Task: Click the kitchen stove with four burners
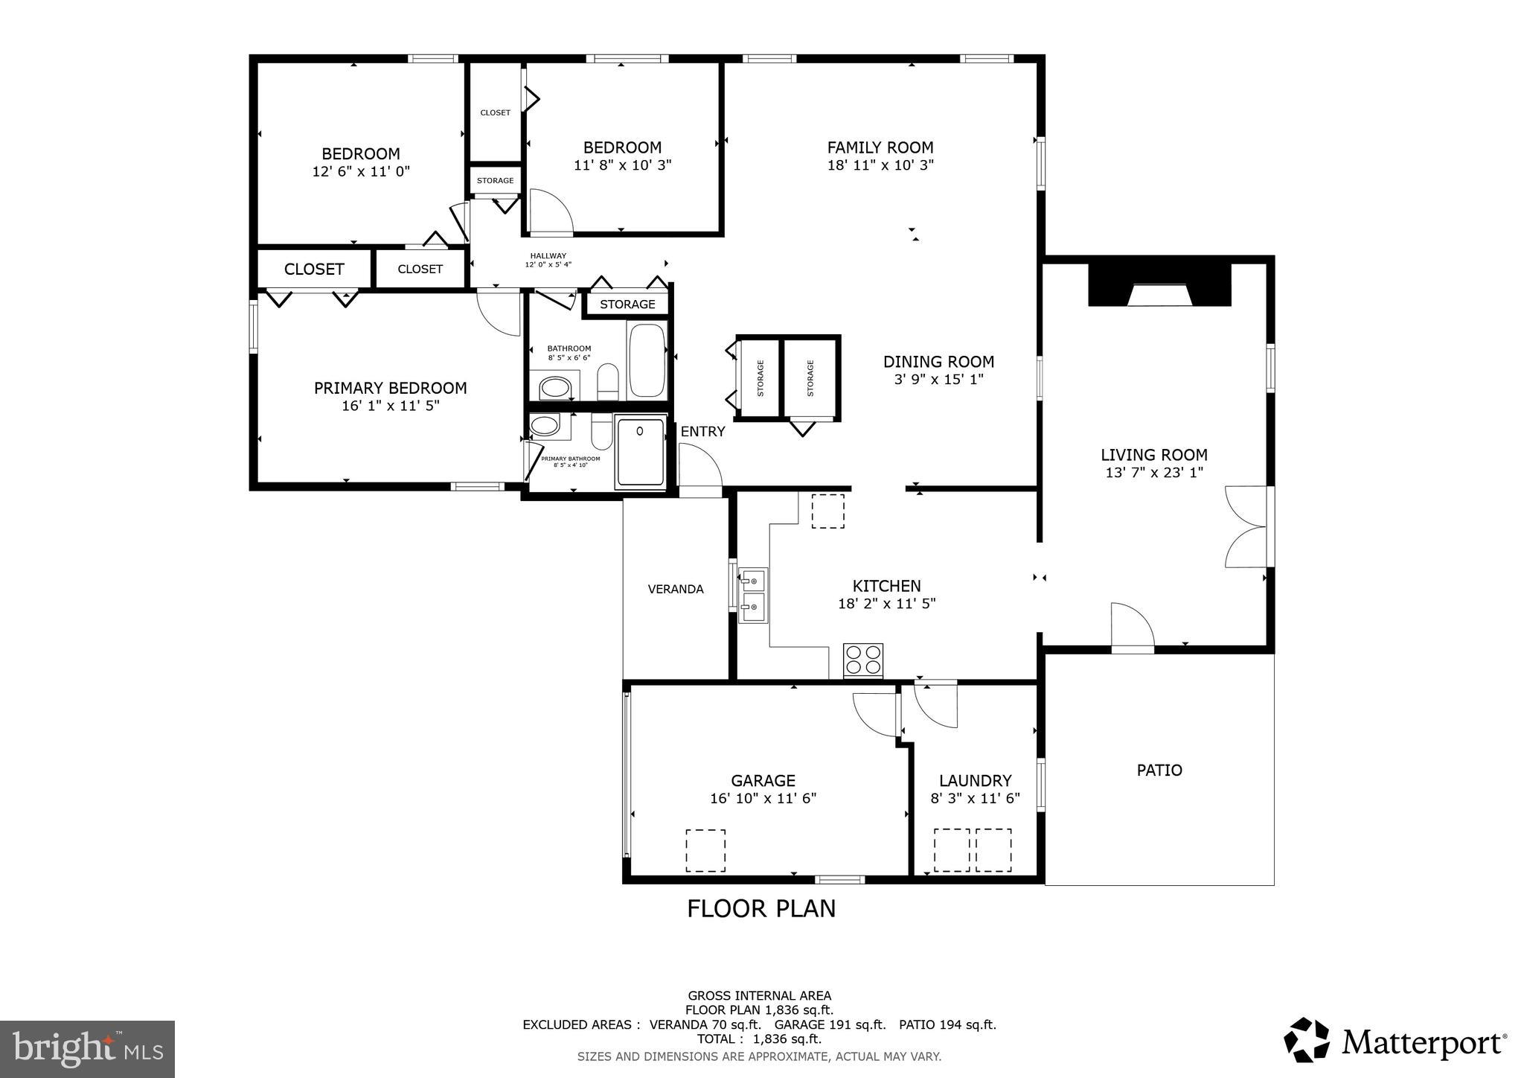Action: point(863,660)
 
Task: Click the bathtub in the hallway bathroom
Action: point(647,360)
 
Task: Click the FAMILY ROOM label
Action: point(880,147)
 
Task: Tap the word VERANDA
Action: point(676,589)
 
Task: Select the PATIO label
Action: point(1159,770)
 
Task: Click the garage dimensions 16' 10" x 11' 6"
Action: point(763,798)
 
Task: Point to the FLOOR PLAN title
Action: point(761,908)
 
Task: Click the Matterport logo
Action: point(1395,1041)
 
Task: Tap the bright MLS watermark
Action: point(88,1048)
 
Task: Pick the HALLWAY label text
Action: point(548,256)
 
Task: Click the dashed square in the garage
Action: point(705,850)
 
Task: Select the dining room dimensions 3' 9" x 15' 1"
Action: point(938,380)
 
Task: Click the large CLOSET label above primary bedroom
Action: point(314,269)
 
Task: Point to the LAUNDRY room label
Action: point(975,780)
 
